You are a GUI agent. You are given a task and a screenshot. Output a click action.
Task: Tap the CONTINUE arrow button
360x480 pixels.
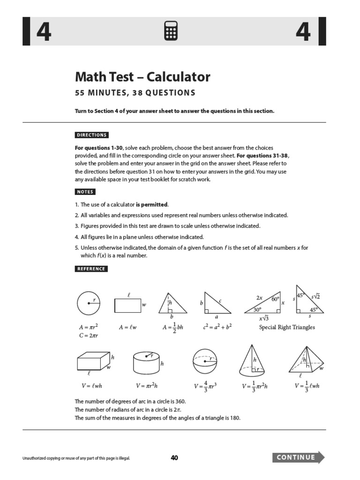pyautogui.click(x=298, y=457)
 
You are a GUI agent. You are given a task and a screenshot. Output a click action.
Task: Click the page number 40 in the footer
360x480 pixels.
pyautogui.click(x=174, y=458)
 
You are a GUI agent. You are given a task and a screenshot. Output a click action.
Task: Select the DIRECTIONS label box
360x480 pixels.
pyautogui.click(x=92, y=135)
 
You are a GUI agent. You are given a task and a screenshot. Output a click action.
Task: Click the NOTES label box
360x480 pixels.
pyautogui.click(x=85, y=192)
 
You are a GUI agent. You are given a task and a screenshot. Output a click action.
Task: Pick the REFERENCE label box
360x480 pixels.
pyautogui.click(x=91, y=269)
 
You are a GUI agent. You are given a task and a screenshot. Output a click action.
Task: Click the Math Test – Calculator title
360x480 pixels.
pyautogui.click(x=142, y=77)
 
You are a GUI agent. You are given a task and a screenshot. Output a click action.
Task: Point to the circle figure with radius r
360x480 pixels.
pyautogui.click(x=89, y=304)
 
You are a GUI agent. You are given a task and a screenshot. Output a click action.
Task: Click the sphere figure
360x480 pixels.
pyautogui.click(x=205, y=363)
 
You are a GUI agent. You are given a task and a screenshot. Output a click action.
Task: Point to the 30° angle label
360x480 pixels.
pyautogui.click(x=257, y=309)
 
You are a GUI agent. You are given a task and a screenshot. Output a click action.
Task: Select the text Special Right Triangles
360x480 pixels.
pyautogui.click(x=287, y=327)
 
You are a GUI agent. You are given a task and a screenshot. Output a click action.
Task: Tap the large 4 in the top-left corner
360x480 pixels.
pyautogui.click(x=43, y=32)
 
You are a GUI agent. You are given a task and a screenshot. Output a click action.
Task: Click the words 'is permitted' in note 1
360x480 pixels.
pyautogui.click(x=151, y=205)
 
